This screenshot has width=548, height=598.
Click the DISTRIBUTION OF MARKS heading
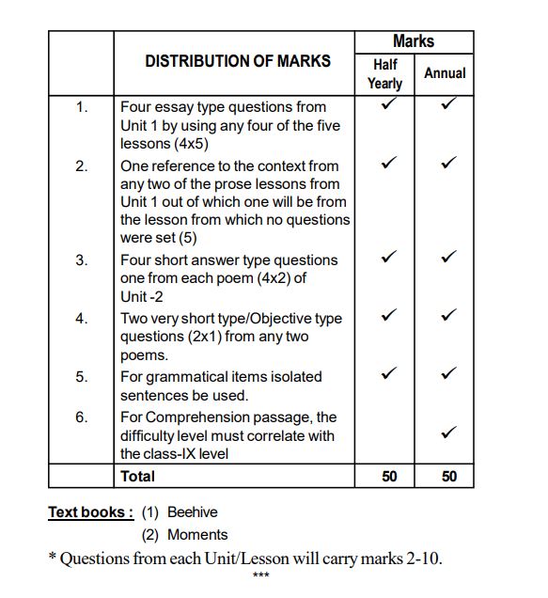click(x=238, y=61)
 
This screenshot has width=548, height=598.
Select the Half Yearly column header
click(x=384, y=73)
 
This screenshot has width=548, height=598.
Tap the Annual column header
click(x=445, y=72)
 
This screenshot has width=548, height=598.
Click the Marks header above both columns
click(x=414, y=41)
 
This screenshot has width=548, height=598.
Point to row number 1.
click(x=82, y=107)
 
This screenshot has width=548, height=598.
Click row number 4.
click(x=82, y=319)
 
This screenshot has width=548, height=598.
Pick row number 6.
click(x=82, y=417)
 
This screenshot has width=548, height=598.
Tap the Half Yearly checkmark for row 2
click(x=387, y=164)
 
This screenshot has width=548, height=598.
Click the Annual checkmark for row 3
click(x=448, y=256)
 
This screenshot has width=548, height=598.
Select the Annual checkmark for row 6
click(x=448, y=433)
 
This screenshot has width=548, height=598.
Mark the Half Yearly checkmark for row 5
click(x=387, y=373)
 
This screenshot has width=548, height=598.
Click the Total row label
click(x=137, y=476)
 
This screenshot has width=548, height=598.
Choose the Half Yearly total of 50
click(x=389, y=477)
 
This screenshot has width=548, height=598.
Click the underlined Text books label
click(x=91, y=512)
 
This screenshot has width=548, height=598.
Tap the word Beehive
click(x=192, y=512)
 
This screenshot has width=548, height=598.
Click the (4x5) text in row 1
click(x=191, y=144)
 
